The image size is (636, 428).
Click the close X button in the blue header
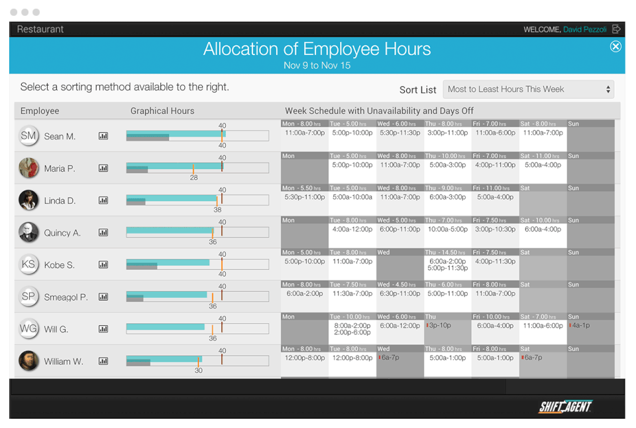pyautogui.click(x=615, y=46)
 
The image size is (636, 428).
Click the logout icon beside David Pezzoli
pyautogui.click(x=616, y=29)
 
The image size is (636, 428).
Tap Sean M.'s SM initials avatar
pyautogui.click(x=28, y=136)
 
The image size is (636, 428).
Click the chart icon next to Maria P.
pyautogui.click(x=103, y=169)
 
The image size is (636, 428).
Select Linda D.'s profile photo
pyautogui.click(x=28, y=200)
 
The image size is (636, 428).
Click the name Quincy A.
pyautogui.click(x=62, y=233)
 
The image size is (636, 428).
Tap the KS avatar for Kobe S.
pyautogui.click(x=28, y=265)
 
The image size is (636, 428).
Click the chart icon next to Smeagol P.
pyautogui.click(x=103, y=297)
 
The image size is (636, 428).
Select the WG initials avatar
pyautogui.click(x=28, y=329)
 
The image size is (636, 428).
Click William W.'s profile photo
pyautogui.click(x=28, y=361)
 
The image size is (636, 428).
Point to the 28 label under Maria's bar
pyautogui.click(x=193, y=178)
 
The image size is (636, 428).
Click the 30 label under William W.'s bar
pyautogui.click(x=198, y=370)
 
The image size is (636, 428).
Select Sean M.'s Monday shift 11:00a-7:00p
pyautogui.click(x=305, y=133)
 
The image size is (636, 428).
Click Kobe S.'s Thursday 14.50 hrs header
pyautogui.click(x=447, y=252)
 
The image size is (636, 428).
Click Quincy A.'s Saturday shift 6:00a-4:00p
pyautogui.click(x=543, y=229)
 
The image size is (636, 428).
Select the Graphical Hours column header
pyautogui.click(x=162, y=111)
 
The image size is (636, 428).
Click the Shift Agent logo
pyautogui.click(x=564, y=407)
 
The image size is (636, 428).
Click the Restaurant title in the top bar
pyautogui.click(x=40, y=29)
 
